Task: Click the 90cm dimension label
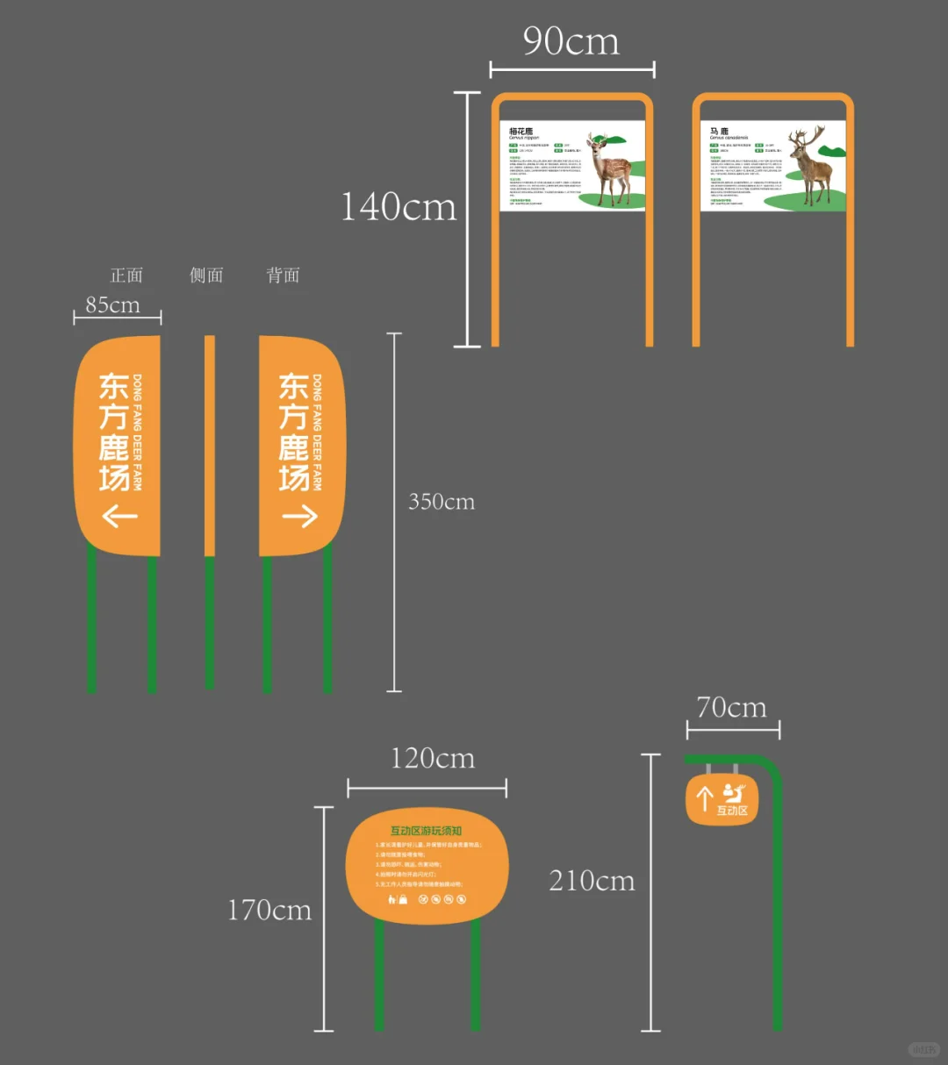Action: [571, 41]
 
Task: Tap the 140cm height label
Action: [399, 207]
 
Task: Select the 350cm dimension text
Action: [441, 502]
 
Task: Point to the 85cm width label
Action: [112, 304]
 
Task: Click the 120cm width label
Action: [433, 758]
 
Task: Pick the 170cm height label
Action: [269, 910]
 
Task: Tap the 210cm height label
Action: [592, 880]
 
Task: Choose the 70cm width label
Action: [731, 707]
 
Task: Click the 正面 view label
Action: [126, 275]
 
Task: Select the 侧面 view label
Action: [206, 275]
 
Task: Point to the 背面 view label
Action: [283, 275]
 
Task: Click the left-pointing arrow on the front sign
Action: [120, 516]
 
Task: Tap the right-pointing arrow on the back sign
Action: [299, 516]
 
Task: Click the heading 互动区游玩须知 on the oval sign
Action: [426, 831]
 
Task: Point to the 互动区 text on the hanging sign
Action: [732, 811]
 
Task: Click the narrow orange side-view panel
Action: [209, 446]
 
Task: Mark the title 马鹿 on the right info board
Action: [719, 132]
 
